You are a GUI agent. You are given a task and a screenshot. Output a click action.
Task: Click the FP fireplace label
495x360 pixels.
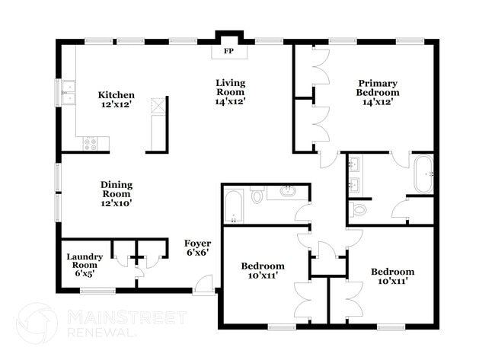(228, 53)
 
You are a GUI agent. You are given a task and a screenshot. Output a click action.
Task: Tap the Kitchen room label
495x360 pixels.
(117, 95)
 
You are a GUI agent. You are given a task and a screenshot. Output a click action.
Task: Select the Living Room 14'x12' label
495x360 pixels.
(229, 92)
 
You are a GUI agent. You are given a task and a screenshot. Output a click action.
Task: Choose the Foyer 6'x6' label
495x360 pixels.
(197, 247)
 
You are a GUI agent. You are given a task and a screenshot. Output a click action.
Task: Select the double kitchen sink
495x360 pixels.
(69, 92)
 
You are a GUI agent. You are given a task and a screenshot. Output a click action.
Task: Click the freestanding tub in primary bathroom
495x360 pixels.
(423, 174)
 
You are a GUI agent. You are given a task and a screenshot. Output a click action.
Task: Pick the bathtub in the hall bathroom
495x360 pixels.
(233, 205)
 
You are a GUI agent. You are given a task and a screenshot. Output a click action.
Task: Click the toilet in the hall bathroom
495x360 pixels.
(257, 197)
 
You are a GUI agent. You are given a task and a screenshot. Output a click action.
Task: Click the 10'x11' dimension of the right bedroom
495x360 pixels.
(393, 282)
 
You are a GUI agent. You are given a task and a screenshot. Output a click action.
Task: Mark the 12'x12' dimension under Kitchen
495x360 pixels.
(117, 105)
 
